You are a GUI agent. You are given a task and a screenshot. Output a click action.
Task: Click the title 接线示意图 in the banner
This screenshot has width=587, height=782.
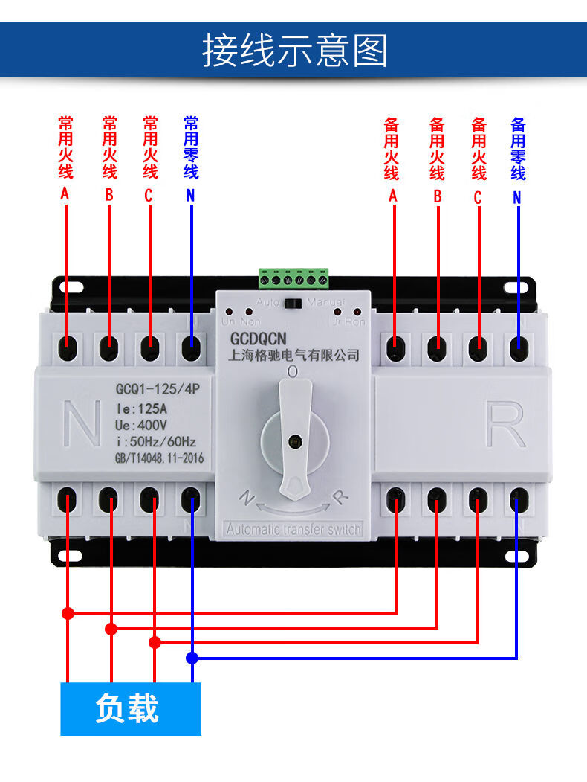pos(294,51)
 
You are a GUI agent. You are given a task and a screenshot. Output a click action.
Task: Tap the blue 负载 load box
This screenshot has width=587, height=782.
pos(130,709)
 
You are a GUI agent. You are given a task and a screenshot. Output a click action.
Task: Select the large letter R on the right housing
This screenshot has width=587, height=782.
pos(507,425)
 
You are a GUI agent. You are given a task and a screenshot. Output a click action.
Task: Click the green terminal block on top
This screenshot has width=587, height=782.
pos(293,278)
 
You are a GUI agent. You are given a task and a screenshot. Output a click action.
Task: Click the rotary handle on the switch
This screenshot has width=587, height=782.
pos(296,439)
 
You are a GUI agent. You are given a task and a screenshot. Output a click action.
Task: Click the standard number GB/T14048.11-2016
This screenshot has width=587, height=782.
pos(159,459)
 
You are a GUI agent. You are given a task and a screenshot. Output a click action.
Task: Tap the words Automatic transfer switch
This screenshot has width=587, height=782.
pos(293,530)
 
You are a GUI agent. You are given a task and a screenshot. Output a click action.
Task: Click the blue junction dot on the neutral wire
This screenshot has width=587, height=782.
pos(192,658)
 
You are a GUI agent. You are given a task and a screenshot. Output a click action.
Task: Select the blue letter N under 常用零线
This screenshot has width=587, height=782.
pos(191,196)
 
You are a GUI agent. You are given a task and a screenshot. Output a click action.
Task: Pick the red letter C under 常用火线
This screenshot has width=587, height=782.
pos(149,196)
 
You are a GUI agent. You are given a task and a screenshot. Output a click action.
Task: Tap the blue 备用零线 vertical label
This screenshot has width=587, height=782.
pos(518,148)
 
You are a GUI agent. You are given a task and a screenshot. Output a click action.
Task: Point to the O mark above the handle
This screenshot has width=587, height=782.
pos(293,371)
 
